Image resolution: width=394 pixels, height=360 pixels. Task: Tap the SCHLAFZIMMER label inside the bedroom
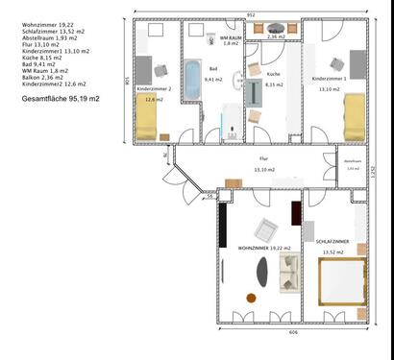pos(332,241)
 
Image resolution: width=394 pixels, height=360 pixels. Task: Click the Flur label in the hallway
pos(263,158)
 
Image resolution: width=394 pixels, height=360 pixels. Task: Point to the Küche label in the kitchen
pos(274,73)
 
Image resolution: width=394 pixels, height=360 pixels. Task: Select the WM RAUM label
pos(231,37)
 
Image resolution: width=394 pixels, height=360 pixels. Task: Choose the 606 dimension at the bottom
pos(292,331)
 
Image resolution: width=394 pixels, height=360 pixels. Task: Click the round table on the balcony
pos(276,30)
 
